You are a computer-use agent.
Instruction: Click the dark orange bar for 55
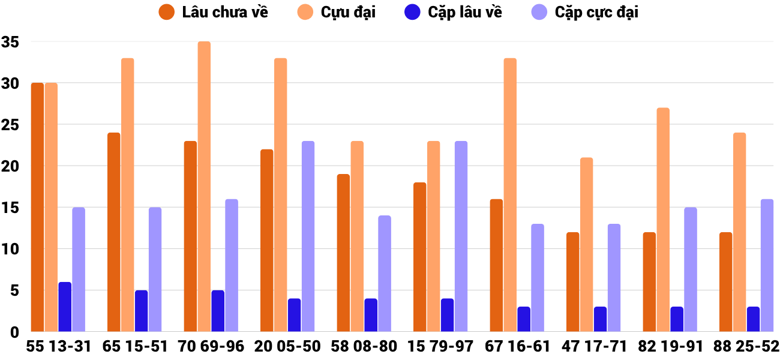pos(37,207)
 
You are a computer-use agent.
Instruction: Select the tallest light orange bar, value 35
pos(204,186)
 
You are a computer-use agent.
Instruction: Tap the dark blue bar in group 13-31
pos(65,307)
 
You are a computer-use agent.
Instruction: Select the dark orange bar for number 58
pos(343,253)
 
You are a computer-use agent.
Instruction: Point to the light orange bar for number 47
pos(586,244)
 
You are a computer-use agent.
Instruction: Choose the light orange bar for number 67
pos(510,194)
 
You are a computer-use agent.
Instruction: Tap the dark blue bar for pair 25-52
pos(753,319)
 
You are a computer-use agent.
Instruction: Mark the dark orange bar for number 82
pos(649,281)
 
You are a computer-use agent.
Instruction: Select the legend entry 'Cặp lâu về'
pos(465,12)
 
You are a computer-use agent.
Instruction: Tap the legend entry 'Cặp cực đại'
pos(596,12)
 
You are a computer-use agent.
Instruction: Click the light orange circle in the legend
pos(305,12)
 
